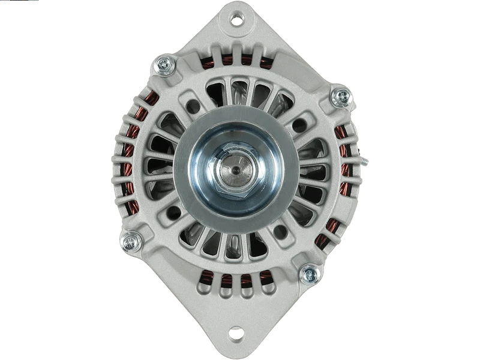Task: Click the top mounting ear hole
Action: coord(238,20)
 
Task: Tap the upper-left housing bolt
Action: coord(163,65)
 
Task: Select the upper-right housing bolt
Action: coord(340,96)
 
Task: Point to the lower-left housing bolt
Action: coord(130,242)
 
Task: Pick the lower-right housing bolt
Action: coord(310,275)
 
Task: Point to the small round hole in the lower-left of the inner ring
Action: coord(175,211)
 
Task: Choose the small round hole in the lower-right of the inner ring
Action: coord(280,230)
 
